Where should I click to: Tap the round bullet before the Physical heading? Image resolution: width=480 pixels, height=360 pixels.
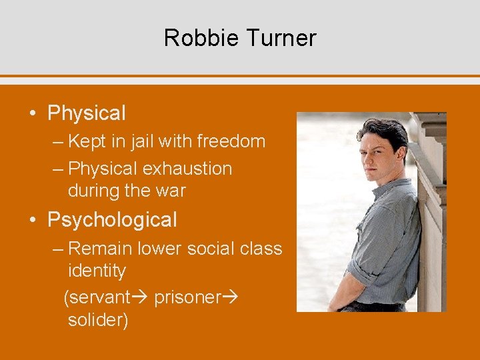click(x=33, y=113)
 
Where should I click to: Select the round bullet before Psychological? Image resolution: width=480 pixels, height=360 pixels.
click(x=33, y=219)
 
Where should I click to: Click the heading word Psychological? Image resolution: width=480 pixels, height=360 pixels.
click(x=112, y=219)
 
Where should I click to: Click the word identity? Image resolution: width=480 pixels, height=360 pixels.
click(x=97, y=271)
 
